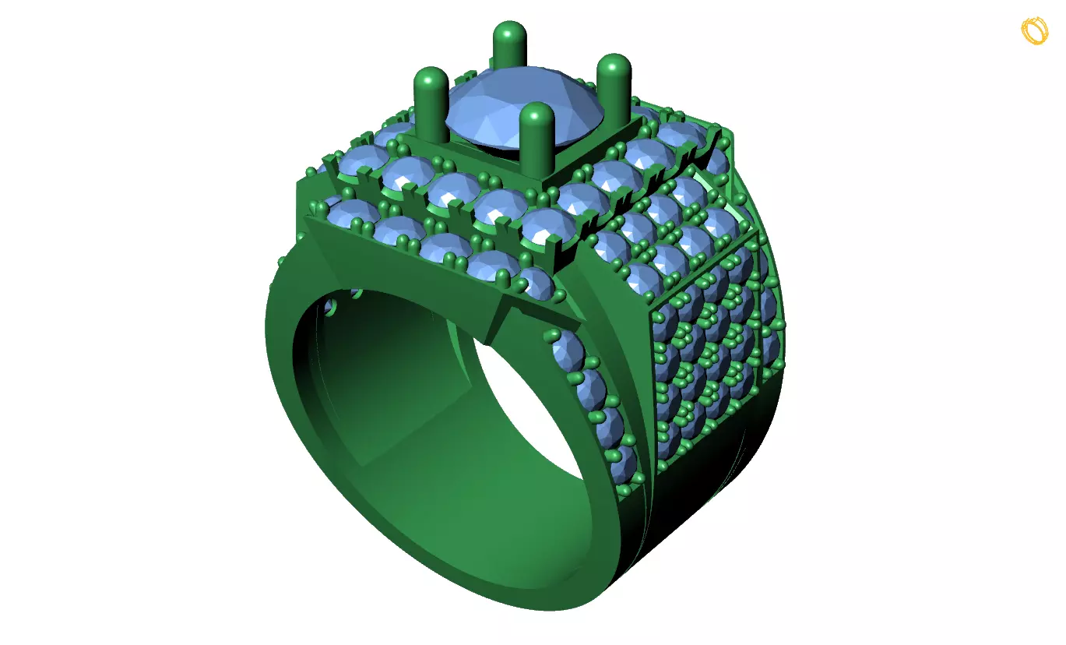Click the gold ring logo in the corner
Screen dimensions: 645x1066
point(1035,30)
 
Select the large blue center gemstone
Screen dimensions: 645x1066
point(525,109)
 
